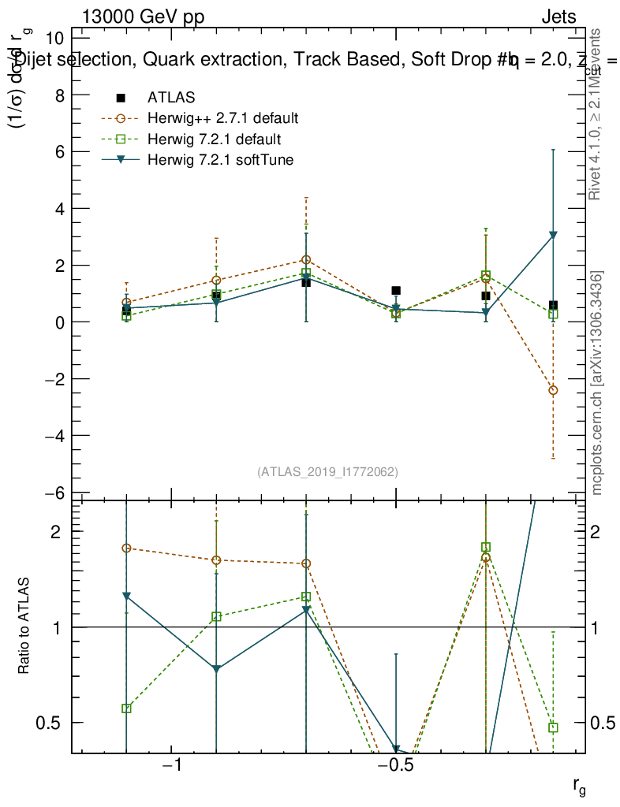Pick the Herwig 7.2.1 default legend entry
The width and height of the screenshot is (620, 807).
[x=213, y=140]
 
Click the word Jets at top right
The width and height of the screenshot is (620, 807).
[x=558, y=17]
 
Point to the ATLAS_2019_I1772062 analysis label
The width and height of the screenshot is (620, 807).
[x=327, y=472]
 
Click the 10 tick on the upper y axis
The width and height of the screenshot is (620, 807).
[x=57, y=38]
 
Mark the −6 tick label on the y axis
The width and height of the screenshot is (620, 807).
[x=55, y=493]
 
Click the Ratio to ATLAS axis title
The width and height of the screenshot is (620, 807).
[x=25, y=627]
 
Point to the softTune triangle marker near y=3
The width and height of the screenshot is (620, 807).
[x=554, y=235]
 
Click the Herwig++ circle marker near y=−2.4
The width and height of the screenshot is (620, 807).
[x=554, y=390]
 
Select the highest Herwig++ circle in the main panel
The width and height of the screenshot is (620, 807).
[x=306, y=259]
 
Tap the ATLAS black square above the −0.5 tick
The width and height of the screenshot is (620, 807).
[x=396, y=291]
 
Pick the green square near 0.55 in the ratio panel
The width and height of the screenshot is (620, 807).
[x=126, y=708]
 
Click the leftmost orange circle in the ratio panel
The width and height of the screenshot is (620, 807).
[x=126, y=548]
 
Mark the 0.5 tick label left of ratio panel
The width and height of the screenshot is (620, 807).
[x=50, y=723]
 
